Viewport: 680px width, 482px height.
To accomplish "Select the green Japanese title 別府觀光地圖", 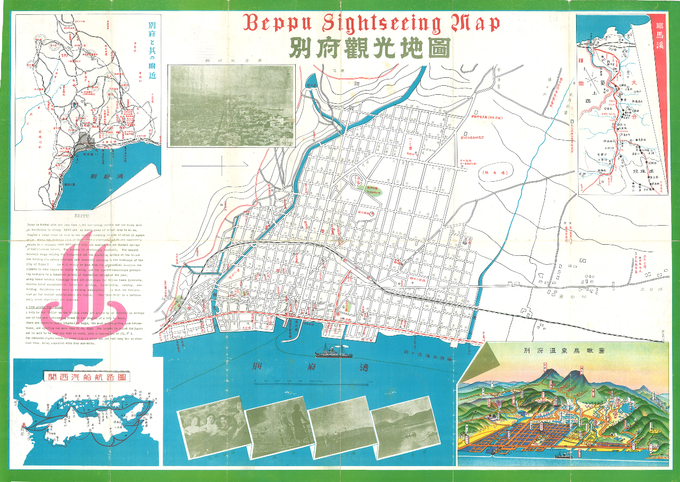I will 369,49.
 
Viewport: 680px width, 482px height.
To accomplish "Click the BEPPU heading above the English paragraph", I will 82,216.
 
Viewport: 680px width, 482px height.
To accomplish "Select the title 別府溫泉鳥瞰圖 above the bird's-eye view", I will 563,351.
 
